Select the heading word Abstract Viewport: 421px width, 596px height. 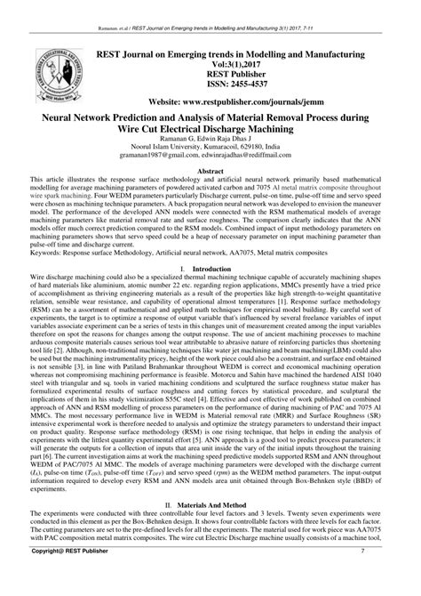(210, 169)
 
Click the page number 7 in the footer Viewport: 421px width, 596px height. (387, 577)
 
